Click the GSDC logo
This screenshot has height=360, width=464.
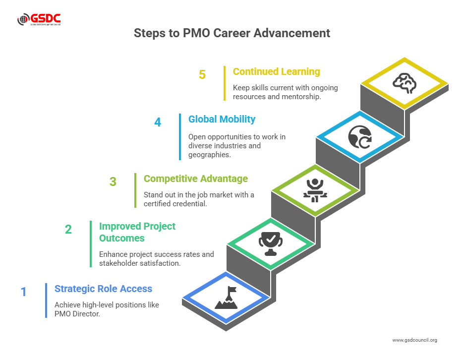tap(39, 19)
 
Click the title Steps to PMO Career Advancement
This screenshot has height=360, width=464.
tap(232, 33)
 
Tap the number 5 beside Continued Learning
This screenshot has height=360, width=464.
tap(202, 74)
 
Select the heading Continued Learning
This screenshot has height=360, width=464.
tap(277, 71)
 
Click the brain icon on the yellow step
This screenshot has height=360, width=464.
tap(405, 83)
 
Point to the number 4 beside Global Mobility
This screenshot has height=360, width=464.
tap(158, 122)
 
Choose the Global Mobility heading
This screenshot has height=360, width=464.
tap(222, 120)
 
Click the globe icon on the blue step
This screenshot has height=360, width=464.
tap(360, 137)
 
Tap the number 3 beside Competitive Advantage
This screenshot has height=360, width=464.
tap(113, 182)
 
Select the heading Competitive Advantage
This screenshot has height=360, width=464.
tap(196, 179)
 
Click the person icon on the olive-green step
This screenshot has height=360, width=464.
tap(315, 190)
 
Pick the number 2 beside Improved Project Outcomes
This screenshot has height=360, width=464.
tap(68, 230)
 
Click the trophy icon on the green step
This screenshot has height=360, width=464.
tap(271, 243)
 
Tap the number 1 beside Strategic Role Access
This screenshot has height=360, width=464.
tap(24, 292)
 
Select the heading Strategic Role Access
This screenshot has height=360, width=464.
tap(103, 289)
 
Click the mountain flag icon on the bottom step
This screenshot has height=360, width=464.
tap(226, 298)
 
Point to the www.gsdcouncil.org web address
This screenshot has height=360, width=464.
tap(414, 340)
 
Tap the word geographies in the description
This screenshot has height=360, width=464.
tap(210, 155)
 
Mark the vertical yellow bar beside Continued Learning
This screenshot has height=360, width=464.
tap(225, 83)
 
